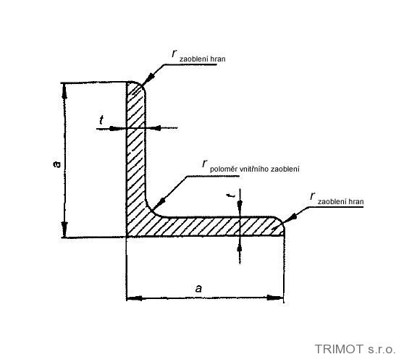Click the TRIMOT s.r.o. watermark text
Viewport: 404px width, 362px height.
pos(355,349)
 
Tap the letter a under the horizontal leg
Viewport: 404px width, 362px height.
pos(198,289)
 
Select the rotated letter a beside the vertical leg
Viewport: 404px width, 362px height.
pos(56,164)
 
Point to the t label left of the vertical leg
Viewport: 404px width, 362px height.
pos(101,120)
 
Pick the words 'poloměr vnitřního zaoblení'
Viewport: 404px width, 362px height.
pos(255,169)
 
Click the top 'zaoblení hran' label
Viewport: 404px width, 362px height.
pos(202,59)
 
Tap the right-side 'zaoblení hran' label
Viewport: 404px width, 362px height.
pos(340,201)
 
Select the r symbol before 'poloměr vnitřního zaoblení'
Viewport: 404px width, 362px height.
pos(205,163)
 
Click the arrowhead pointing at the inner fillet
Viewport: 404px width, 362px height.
pos(159,203)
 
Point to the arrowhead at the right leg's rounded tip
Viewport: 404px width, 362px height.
pos(290,219)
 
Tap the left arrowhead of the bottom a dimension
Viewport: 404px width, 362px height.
pos(134,298)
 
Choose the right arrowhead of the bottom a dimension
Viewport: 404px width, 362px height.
pos(275,298)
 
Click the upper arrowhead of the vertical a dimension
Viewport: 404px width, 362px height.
pos(64,91)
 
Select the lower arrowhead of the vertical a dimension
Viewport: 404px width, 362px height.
pos(64,229)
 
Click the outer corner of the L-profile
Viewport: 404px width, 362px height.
pos(127,237)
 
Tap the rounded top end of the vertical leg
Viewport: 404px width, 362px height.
pos(137,83)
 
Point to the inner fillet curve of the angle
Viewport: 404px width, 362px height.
pos(151,210)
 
